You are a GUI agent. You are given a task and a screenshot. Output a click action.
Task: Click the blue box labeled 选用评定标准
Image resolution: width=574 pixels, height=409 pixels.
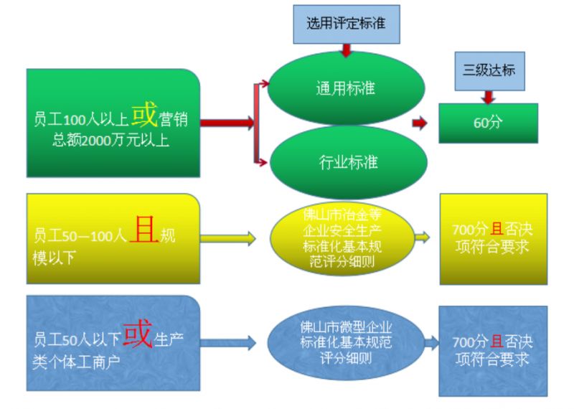(x=347, y=24)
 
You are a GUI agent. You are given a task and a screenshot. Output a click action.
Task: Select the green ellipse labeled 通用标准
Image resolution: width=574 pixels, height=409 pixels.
(x=346, y=88)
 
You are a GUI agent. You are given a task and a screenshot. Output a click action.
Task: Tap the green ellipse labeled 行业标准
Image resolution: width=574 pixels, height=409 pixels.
(x=348, y=162)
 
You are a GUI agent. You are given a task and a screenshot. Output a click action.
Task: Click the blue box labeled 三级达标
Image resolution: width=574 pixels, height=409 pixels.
(x=489, y=71)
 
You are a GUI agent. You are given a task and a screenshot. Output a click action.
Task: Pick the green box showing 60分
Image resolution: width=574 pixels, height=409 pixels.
(x=489, y=123)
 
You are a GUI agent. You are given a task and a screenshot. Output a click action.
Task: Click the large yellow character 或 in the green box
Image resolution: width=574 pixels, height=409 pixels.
(x=144, y=115)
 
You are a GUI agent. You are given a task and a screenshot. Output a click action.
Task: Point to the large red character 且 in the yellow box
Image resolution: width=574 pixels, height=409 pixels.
(x=144, y=229)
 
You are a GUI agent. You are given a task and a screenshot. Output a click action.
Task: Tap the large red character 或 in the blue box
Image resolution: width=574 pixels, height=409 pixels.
(x=138, y=333)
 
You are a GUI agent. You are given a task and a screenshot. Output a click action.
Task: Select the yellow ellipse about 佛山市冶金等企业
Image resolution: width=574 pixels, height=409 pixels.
(x=342, y=238)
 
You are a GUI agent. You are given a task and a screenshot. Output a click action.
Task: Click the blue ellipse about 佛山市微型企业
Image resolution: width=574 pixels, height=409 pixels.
(x=346, y=343)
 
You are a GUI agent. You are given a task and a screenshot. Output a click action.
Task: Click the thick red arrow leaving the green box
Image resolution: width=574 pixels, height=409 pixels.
(x=227, y=123)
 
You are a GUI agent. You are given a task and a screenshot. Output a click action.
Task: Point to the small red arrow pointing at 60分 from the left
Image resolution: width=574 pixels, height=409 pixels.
(x=420, y=123)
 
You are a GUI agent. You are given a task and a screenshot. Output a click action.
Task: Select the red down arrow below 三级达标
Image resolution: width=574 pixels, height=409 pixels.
(x=489, y=97)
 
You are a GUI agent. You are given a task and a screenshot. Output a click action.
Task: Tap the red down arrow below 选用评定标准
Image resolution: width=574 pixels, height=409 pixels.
(x=346, y=50)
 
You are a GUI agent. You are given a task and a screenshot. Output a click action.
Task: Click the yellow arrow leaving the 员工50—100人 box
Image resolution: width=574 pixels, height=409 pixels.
(x=227, y=239)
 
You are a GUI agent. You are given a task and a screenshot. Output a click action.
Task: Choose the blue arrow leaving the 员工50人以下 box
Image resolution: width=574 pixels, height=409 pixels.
(x=227, y=343)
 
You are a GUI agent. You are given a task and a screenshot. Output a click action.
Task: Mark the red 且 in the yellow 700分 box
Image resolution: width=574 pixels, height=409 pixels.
(x=497, y=229)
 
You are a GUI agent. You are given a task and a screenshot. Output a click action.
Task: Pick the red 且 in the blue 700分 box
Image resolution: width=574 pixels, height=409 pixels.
(x=497, y=342)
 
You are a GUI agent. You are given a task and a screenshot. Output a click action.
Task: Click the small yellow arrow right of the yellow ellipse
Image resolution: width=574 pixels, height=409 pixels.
(x=423, y=238)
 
